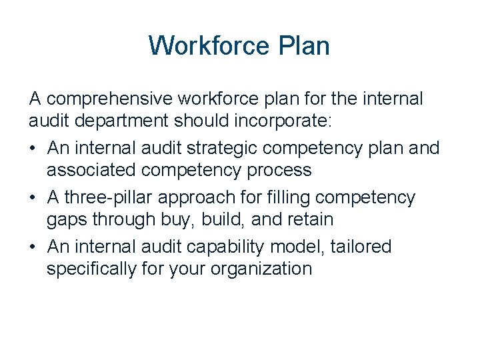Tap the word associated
pyautogui.click(x=93, y=171)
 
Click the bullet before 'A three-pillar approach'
pyautogui.click(x=34, y=198)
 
